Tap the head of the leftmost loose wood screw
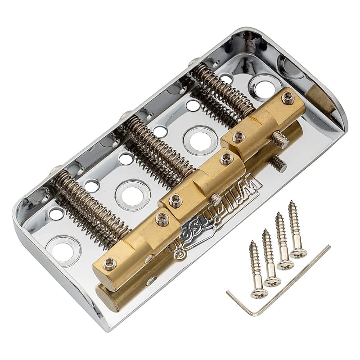coord(259,293)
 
